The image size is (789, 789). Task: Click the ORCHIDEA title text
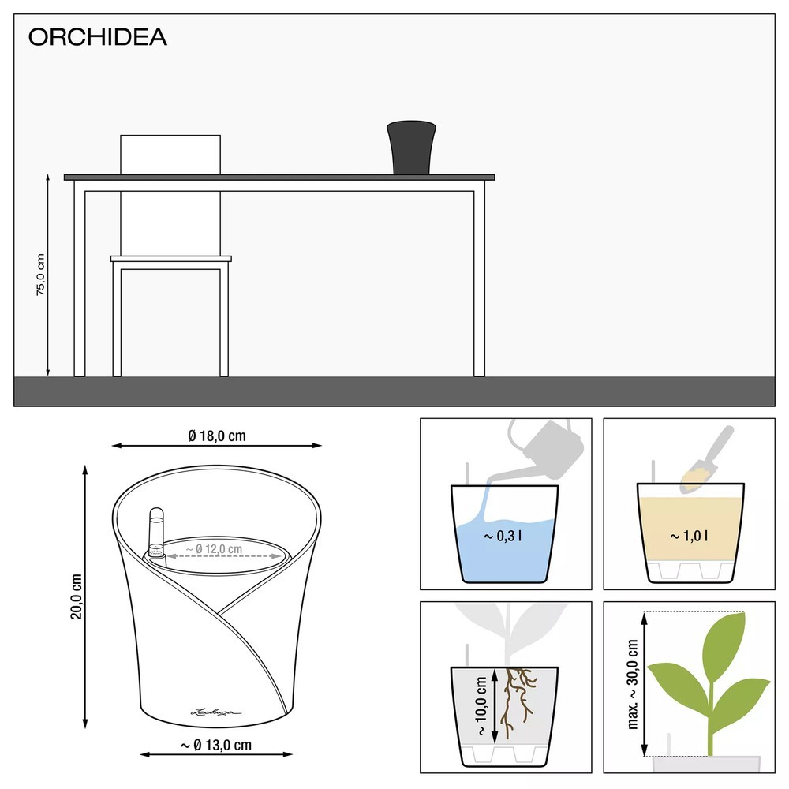click(98, 38)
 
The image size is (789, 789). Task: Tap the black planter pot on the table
click(411, 148)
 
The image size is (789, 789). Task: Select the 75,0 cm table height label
click(40, 275)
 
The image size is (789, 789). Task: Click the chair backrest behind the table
click(170, 154)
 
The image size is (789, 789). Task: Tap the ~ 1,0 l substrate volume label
click(689, 536)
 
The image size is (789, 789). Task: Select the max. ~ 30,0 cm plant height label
click(634, 683)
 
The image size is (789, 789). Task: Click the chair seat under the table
click(171, 258)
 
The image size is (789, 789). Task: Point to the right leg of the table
click(479, 280)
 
